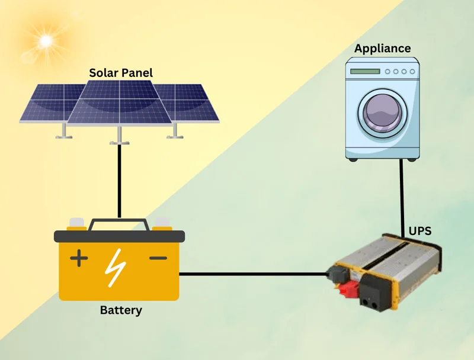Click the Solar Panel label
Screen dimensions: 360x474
coord(121,73)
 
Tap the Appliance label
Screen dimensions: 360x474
coord(382,49)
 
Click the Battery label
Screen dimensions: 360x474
coord(121,310)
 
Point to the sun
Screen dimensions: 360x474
coord(45,40)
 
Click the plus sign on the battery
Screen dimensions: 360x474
coord(79,258)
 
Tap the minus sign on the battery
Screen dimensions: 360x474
coord(158,258)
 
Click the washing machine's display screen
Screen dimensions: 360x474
coord(364,72)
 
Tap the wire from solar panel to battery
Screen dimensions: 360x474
coord(119,178)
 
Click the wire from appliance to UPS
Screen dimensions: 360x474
coord(402,195)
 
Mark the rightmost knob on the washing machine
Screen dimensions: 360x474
coord(412,72)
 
